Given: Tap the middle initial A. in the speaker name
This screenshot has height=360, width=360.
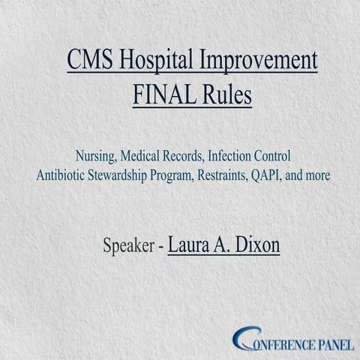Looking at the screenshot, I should [x=222, y=245].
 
